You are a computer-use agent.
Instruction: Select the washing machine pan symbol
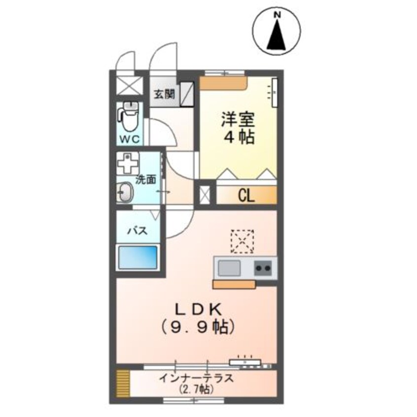pos(128,162)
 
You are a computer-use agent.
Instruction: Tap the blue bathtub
pos(138,256)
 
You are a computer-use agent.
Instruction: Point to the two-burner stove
pos(263,269)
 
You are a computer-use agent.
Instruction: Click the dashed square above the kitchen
pos(242,241)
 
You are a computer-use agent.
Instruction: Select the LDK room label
pos(196,310)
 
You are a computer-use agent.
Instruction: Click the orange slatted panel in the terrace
pos(123,383)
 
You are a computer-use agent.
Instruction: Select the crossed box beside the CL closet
pos(204,194)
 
